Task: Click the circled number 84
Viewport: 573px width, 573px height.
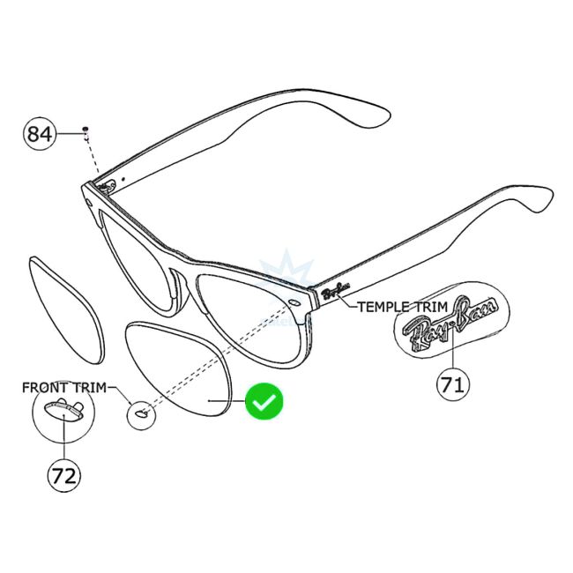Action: (40, 134)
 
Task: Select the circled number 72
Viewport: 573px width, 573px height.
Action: (63, 476)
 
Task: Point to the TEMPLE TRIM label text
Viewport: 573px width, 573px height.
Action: (402, 306)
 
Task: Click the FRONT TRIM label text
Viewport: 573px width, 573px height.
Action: (63, 387)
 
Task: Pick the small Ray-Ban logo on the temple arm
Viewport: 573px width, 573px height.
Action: (336, 292)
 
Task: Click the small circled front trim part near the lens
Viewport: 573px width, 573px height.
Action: (139, 413)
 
